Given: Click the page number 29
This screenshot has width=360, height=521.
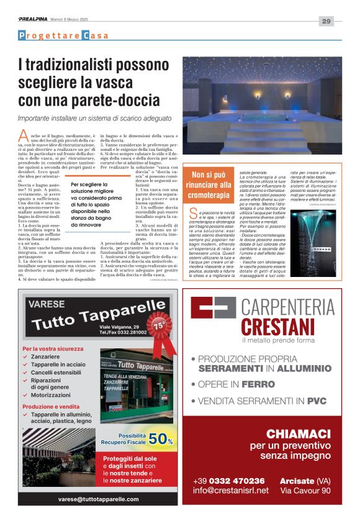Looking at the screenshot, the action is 326,21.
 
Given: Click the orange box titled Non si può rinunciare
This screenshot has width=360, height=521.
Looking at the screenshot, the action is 210,185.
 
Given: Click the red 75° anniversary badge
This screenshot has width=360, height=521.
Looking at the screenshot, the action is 160,325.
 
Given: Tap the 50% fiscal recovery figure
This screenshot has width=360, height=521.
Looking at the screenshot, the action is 160,439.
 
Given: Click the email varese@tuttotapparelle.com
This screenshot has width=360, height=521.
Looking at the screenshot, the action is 99,499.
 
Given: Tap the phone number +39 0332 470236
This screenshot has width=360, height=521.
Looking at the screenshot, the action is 228,481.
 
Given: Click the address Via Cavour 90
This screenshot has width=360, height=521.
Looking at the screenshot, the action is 305,491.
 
